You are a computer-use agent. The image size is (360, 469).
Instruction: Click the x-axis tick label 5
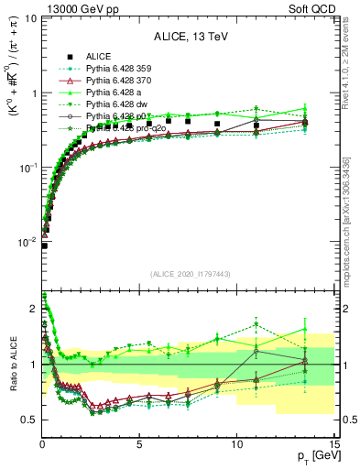point(139,443)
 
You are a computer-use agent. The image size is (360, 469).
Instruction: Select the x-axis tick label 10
point(237,443)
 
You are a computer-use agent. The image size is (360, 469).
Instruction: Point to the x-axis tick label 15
point(334,443)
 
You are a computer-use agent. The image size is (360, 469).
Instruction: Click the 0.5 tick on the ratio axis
point(29,420)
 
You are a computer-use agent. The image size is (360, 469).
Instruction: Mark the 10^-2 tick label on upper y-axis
point(27,243)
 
